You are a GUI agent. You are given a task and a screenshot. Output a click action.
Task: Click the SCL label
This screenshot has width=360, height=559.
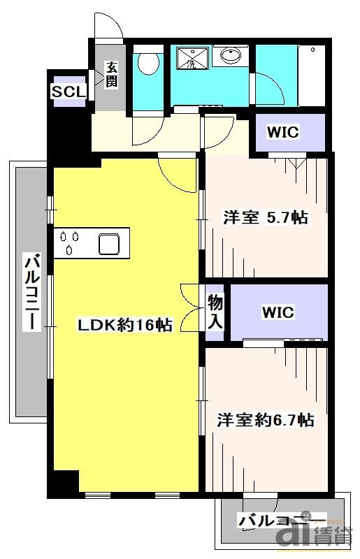[69, 92]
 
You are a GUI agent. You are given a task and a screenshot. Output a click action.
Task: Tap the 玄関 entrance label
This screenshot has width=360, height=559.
[111, 75]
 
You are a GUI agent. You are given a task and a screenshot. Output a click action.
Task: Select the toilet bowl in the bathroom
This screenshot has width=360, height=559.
[147, 64]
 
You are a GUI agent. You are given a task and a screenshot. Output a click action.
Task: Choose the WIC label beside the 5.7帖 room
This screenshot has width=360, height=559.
[284, 132]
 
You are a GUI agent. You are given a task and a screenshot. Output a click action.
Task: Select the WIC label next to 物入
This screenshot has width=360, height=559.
[278, 312]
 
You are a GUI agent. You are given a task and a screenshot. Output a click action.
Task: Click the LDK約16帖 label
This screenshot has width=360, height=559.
[124, 325]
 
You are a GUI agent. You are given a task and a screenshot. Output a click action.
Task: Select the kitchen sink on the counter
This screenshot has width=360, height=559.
[110, 244]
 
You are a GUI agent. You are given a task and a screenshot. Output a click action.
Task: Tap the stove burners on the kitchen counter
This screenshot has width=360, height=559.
[69, 242]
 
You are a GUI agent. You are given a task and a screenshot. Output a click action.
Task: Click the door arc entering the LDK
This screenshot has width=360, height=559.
[176, 172]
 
